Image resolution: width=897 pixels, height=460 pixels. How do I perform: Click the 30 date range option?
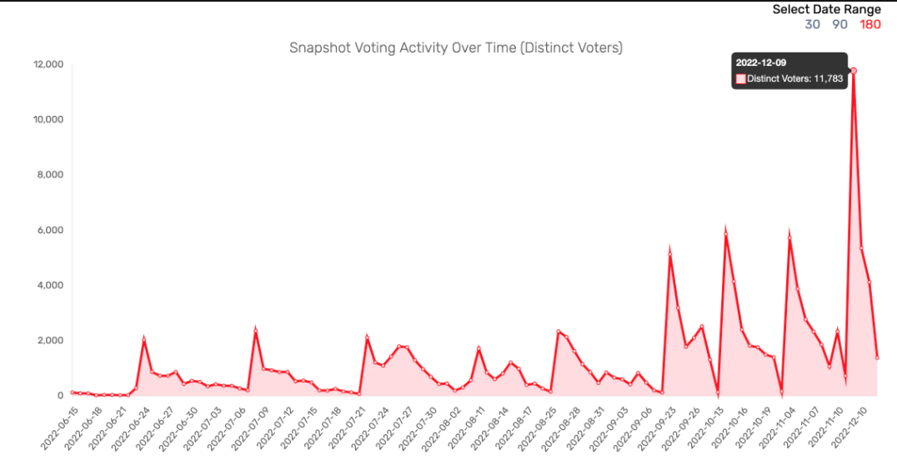tap(812, 24)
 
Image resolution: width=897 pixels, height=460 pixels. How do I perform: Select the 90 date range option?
tap(839, 24)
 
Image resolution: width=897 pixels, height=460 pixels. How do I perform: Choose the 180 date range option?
tap(869, 24)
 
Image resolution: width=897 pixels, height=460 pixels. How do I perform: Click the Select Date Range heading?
tap(826, 9)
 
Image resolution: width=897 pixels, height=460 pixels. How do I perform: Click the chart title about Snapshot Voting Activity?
tap(455, 47)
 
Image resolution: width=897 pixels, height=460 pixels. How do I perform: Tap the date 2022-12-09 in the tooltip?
tap(760, 62)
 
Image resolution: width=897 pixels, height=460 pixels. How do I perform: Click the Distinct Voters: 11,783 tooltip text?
tap(795, 79)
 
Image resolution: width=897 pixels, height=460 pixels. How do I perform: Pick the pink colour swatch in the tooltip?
tap(739, 79)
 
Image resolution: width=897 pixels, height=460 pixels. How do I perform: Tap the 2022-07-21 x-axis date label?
tap(343, 425)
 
